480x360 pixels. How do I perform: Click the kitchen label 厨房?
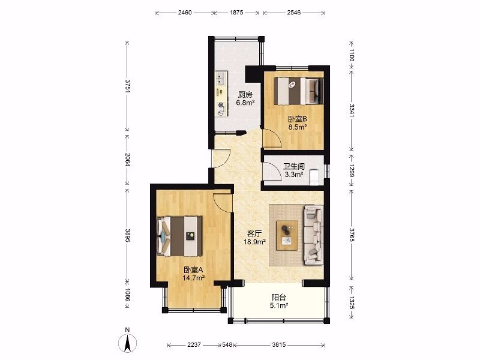coord(245,95)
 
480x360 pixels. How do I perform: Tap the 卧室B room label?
coord(298,119)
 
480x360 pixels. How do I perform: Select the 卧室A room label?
coord(193,270)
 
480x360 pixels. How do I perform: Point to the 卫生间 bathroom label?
coord(294,167)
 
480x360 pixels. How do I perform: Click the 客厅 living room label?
coord(254,234)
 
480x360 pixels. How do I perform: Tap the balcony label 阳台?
coord(279,297)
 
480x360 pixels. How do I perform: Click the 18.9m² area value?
coord(254,242)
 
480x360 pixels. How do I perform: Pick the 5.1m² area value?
coord(279,305)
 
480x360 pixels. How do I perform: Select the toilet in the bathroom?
coord(314,177)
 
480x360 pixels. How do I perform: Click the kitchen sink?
coord(221,78)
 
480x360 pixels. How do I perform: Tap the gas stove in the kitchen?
coord(221,109)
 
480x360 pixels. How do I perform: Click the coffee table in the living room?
coord(287,236)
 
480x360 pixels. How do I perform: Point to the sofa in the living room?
coord(313,235)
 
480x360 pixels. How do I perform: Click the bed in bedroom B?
coord(298,91)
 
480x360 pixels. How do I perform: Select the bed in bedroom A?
coord(179,236)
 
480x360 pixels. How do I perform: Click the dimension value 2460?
coord(185,13)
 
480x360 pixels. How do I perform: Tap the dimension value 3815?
coord(278,345)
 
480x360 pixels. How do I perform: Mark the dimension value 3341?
coord(352,111)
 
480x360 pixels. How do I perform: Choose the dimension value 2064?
coord(127,159)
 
